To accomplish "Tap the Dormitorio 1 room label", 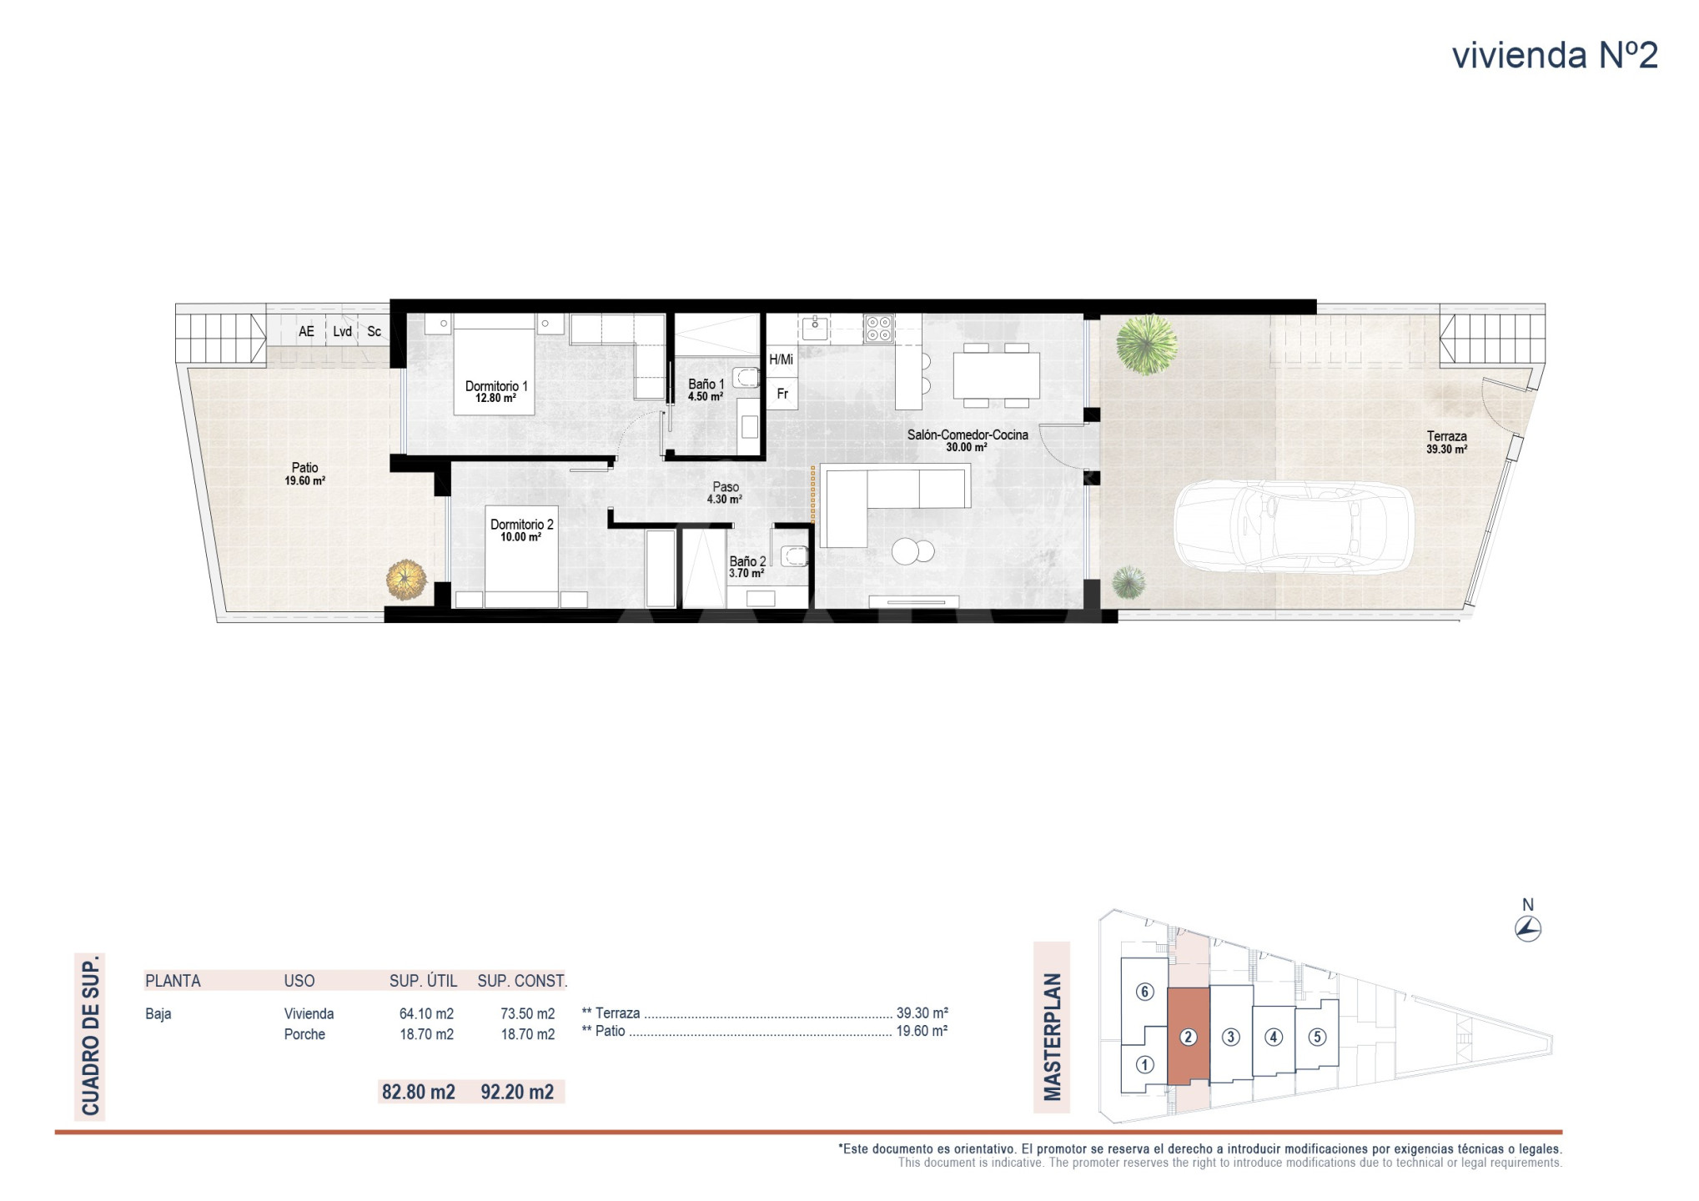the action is coord(496,386).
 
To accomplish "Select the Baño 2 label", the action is coord(747,561).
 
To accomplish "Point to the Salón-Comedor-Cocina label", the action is coord(968,435).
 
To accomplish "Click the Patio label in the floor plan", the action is coord(304,468).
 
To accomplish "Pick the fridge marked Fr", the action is coord(782,394).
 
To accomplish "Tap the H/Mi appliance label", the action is coord(782,359).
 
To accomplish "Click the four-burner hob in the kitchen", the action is coord(878,329).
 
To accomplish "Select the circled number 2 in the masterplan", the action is coord(1189,1037).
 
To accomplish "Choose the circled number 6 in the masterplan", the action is coord(1144,992).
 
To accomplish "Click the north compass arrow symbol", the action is coord(1528,928).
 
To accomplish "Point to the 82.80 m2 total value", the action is coord(419,1092).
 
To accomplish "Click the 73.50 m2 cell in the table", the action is coord(528,1014).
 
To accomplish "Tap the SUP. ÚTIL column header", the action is coord(424,981).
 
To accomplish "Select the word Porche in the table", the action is coord(304,1034).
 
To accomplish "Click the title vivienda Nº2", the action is coord(1555,55).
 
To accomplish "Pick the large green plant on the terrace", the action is coord(1146,344).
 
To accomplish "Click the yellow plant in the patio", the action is coord(406,580).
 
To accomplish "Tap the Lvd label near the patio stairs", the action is coord(342,331).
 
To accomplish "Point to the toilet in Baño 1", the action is coord(746,379).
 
